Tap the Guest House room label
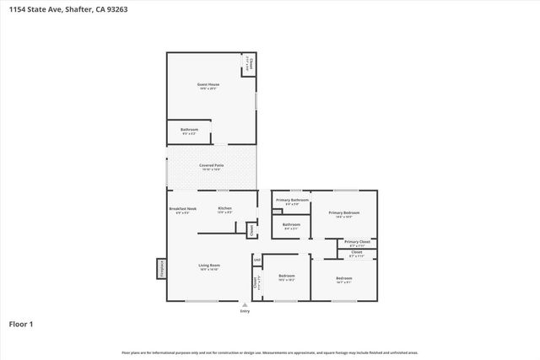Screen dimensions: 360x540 point(208,86)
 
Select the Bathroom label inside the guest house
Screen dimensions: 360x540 point(189,131)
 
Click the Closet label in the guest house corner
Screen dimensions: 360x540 point(249,64)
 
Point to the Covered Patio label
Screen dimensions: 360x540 point(211,167)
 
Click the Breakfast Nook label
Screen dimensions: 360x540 point(182,210)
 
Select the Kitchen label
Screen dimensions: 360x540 point(224,210)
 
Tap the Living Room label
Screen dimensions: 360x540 point(209,267)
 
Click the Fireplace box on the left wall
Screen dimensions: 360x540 point(159,267)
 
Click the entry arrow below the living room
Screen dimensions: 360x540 point(245,306)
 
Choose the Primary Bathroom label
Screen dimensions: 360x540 point(292,201)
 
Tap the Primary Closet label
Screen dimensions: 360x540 point(357,243)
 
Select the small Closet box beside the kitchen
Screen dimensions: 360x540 point(251,228)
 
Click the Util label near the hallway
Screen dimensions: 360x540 point(256,260)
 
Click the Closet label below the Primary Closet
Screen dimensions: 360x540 point(356,253)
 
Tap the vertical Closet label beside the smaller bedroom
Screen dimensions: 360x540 point(256,283)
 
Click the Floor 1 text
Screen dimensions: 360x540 point(20,323)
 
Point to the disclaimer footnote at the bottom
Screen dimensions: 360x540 point(270,352)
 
